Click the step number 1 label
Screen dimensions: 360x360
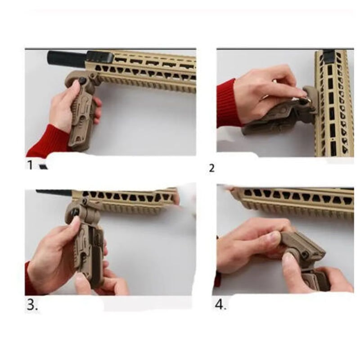[30, 165]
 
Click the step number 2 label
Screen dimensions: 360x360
[211, 168]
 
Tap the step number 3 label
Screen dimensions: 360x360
[32, 305]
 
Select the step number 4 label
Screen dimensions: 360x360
[220, 305]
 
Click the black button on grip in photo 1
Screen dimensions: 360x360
[82, 81]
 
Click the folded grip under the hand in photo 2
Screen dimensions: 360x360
[275, 119]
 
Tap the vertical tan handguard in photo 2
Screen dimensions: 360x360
[334, 103]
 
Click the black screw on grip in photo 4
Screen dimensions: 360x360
[305, 254]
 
